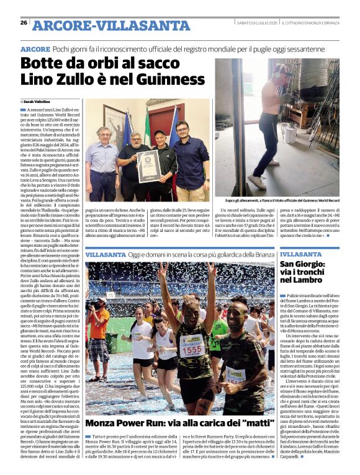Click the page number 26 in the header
pos(24,23)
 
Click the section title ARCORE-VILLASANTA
pos(102,25)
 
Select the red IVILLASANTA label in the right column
pos(300,254)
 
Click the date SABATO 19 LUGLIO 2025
pos(256,23)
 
